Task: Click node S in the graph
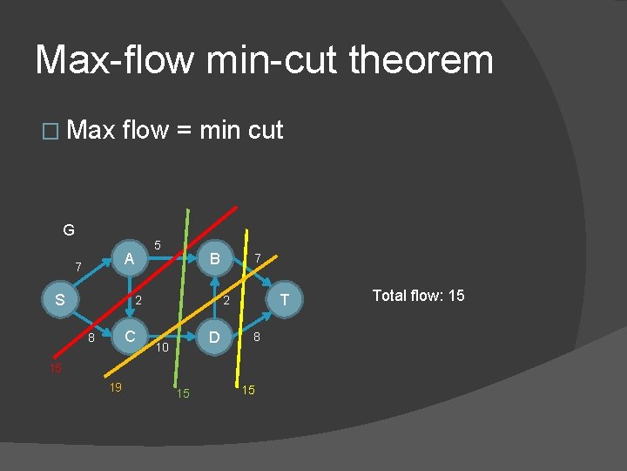[59, 299]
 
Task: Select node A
[129, 258]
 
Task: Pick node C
[129, 337]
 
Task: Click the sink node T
[283, 300]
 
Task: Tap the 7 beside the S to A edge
[78, 266]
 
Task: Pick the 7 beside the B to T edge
[257, 258]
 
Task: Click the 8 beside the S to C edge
[91, 338]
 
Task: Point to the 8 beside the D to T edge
[257, 337]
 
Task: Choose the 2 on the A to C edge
[138, 301]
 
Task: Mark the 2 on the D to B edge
[225, 301]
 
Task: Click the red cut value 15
[55, 368]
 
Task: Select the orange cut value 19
[114, 387]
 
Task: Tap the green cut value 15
[183, 394]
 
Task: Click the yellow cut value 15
[248, 390]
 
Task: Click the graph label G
[69, 230]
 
